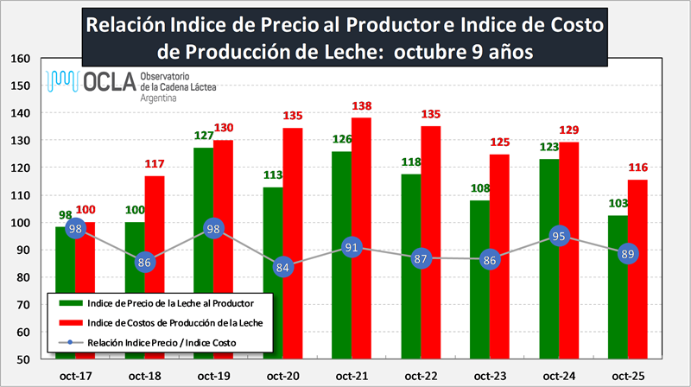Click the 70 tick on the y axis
[x=23, y=305]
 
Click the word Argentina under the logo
[x=159, y=99]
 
